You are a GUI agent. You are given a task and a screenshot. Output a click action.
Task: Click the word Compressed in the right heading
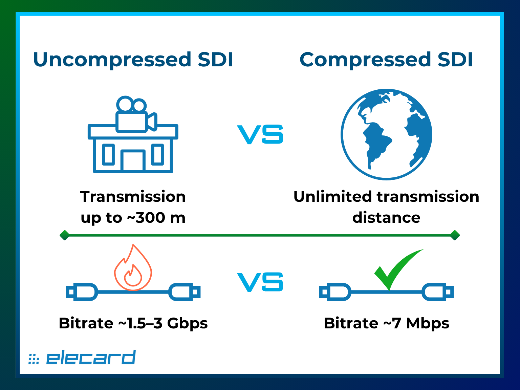(x=365, y=60)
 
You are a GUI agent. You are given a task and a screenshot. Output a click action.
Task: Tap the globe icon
(x=386, y=134)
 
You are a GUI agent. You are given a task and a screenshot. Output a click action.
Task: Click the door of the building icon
(x=133, y=161)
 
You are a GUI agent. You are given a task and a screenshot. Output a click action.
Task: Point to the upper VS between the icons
(x=260, y=134)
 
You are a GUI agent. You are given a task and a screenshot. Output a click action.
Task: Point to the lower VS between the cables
(x=260, y=282)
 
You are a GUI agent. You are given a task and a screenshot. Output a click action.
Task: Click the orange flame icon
(x=133, y=269)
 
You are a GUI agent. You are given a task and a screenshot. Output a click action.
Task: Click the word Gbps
(x=187, y=323)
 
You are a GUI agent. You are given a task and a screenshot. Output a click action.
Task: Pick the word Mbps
(x=428, y=323)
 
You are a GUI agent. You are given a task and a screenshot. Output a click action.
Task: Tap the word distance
(x=386, y=218)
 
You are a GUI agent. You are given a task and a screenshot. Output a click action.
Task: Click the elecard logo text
(x=90, y=358)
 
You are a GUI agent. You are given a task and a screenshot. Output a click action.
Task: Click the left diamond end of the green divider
(x=64, y=235)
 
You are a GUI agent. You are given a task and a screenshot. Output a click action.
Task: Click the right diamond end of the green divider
(x=455, y=235)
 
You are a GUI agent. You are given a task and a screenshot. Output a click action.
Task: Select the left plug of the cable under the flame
(x=81, y=292)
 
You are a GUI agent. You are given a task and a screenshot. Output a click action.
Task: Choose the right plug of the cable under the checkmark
(x=438, y=292)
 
